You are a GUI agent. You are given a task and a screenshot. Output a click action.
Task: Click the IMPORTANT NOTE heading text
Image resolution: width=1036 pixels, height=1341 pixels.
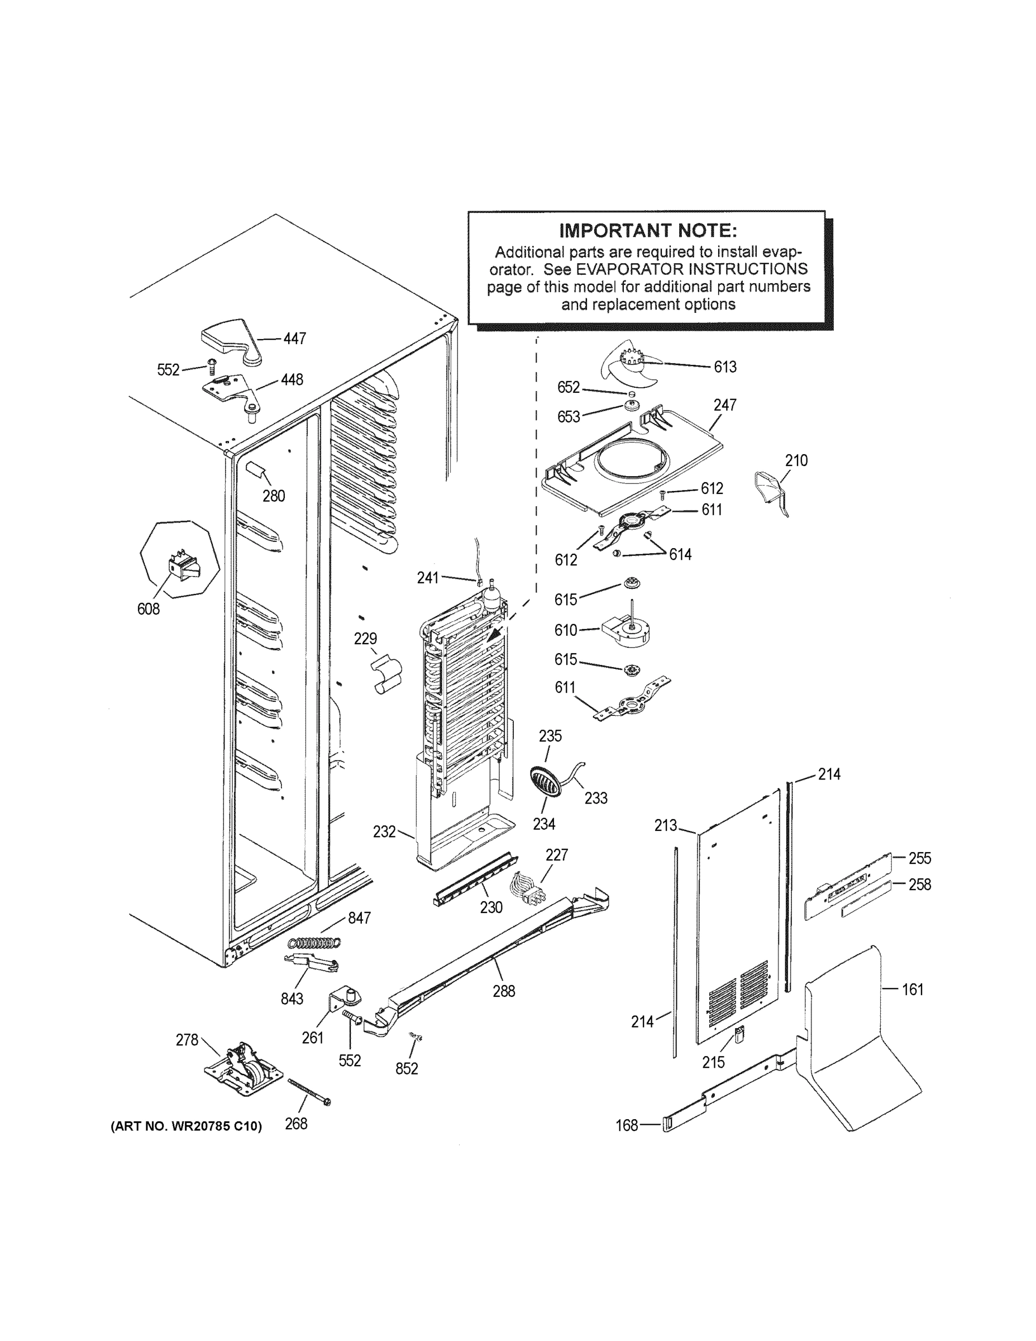click(x=647, y=231)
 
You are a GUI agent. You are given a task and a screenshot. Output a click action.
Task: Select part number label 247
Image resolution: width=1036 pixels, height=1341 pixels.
click(x=725, y=405)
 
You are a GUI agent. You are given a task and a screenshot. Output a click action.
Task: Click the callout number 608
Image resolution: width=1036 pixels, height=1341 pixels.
click(x=148, y=608)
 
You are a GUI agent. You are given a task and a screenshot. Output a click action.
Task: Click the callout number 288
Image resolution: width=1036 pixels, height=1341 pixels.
click(x=503, y=991)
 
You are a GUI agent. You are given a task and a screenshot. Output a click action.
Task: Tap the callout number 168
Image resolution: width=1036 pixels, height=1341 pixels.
click(x=627, y=1125)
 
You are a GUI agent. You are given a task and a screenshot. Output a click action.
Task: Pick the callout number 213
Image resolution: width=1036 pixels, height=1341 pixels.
click(x=665, y=826)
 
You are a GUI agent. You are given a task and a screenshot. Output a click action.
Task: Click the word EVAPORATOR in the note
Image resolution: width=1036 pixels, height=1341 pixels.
click(x=627, y=269)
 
